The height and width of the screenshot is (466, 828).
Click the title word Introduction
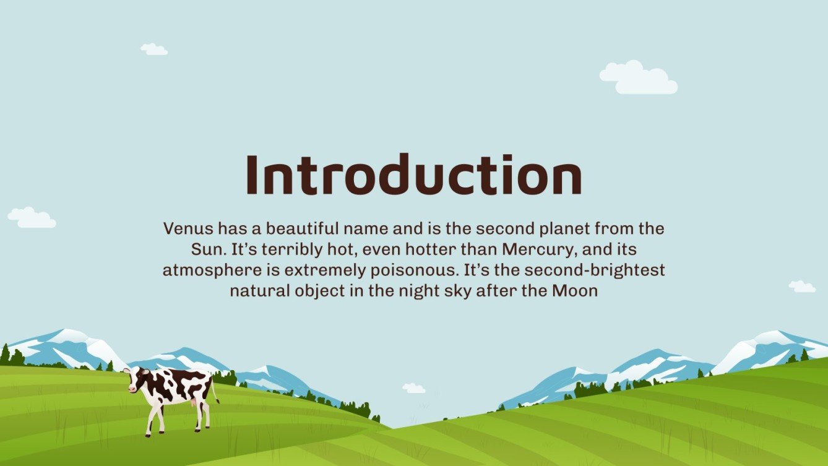pyautogui.click(x=413, y=175)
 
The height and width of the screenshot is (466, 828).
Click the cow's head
pyautogui.click(x=132, y=378)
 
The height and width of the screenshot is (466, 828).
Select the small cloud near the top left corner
pyautogui.click(x=153, y=49)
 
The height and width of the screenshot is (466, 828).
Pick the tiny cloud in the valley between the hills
pyautogui.click(x=413, y=388)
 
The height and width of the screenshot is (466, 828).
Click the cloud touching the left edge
pyautogui.click(x=31, y=217)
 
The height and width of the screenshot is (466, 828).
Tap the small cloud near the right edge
pyautogui.click(x=801, y=286)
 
